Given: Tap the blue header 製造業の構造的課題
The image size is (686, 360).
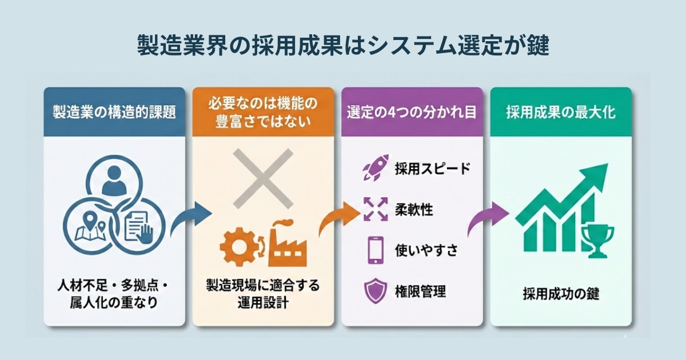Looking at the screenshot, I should coord(114,112).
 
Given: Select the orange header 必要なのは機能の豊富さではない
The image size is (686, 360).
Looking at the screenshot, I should coord(263,112).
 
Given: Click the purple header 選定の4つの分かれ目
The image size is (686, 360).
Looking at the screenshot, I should coord(412,112).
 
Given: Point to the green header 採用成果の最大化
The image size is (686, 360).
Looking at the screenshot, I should coord(561,112).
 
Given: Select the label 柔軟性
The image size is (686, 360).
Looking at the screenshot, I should coord(413,209).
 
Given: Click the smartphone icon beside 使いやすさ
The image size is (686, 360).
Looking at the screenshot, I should coord(375,250).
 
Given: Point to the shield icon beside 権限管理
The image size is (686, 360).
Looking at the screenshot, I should coord(375,291).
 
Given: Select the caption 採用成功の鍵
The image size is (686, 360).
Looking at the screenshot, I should coord(561,295).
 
